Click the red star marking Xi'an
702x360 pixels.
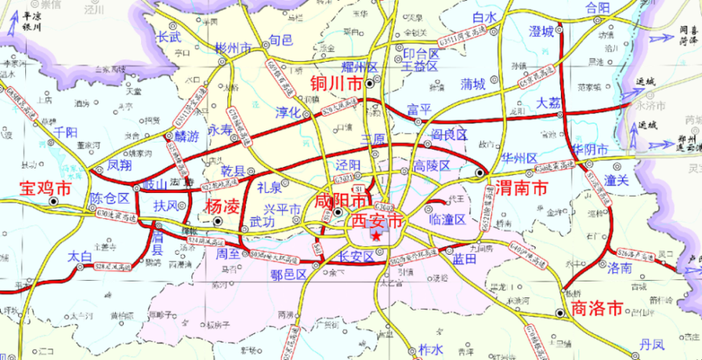point(377,236)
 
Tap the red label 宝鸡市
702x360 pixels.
point(45,189)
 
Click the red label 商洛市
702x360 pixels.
point(595,309)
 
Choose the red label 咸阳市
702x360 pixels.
point(341,200)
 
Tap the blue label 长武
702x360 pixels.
point(169,36)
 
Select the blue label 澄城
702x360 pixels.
point(541,31)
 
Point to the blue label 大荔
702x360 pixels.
point(549,103)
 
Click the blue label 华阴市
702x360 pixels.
point(590,150)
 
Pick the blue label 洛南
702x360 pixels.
point(619,268)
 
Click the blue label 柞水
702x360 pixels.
point(431,348)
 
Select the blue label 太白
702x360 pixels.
point(81,256)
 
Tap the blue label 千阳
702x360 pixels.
point(66,131)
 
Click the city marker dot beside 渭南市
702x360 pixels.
point(480,173)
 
